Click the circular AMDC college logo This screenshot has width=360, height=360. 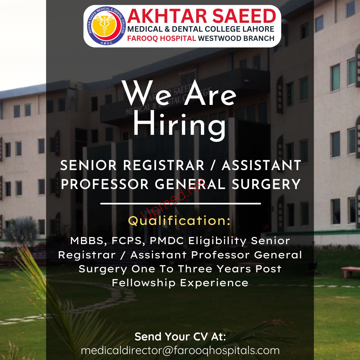click(x=106, y=26)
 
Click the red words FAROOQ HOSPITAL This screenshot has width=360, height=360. click(x=161, y=38)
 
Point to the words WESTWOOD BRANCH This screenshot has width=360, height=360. click(x=236, y=38)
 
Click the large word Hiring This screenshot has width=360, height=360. click(x=180, y=125)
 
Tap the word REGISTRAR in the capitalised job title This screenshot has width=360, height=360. click(x=164, y=165)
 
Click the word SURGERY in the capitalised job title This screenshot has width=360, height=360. click(x=266, y=184)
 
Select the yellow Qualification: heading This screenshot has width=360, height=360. click(x=179, y=221)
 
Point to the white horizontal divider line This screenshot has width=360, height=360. click(x=180, y=204)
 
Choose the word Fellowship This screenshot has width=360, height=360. click(x=144, y=283)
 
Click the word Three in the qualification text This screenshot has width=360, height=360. click(x=195, y=269)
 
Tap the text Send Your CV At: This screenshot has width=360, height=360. click(x=180, y=337)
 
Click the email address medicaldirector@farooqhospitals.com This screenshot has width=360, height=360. click(x=180, y=351)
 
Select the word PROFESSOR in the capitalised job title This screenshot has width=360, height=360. click(x=105, y=184)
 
